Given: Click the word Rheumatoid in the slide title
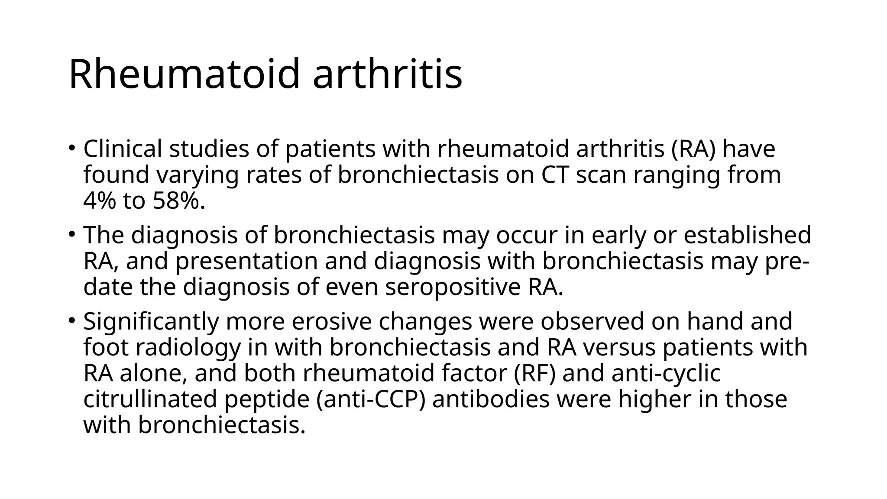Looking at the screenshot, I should pos(185,74).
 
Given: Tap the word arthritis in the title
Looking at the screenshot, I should pos(387,74).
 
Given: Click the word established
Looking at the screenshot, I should pos(747,235).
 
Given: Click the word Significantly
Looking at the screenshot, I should pos(151,322).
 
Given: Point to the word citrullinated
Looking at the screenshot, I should pos(150,399).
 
